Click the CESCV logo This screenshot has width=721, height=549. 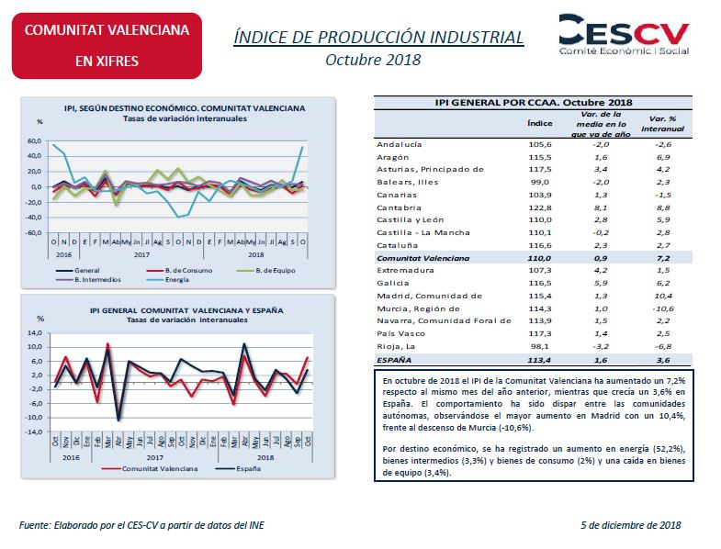pos(624,35)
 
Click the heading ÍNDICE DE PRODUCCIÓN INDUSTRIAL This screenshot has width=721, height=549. pos(379,37)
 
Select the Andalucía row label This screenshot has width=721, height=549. pos(400,144)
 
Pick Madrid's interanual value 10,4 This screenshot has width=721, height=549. pos(662,296)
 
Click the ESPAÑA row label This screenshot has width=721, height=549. pos(396,362)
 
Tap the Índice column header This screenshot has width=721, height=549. pos(539,122)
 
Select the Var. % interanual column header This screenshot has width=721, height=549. pos(662,124)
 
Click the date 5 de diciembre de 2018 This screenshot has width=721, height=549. pos(631,524)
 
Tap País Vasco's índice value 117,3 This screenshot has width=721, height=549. pos(539,334)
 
